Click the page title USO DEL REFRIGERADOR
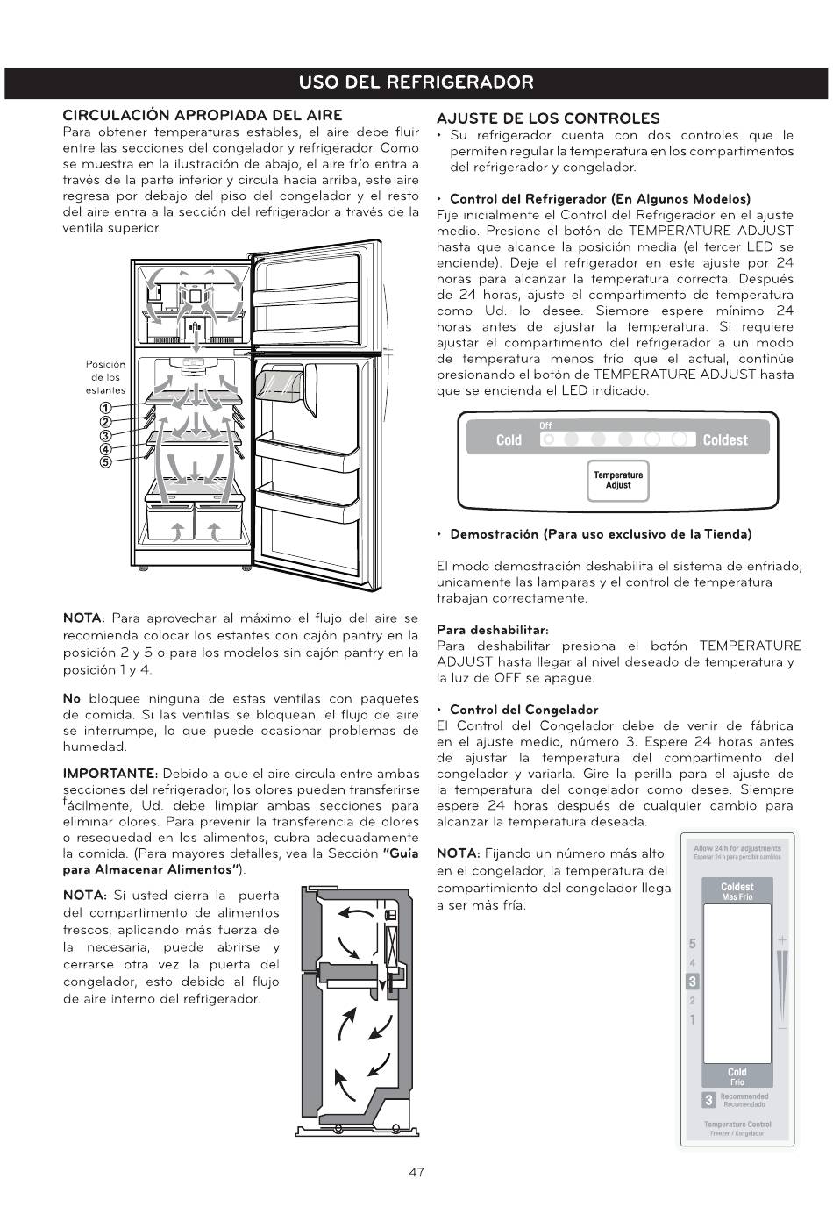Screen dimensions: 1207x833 pyautogui.click(x=416, y=82)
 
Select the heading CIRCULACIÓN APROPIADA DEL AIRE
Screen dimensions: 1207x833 pyautogui.click(x=202, y=115)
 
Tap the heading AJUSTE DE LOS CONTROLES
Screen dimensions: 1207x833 pyautogui.click(x=548, y=118)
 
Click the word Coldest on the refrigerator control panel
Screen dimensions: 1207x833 pyautogui.click(x=725, y=439)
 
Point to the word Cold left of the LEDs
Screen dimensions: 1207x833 pyautogui.click(x=509, y=439)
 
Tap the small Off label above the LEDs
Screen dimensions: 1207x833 pyautogui.click(x=545, y=426)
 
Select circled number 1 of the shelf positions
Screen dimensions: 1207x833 pyautogui.click(x=104, y=407)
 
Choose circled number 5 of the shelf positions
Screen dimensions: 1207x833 pyautogui.click(x=104, y=462)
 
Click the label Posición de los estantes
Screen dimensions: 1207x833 pyautogui.click(x=105, y=377)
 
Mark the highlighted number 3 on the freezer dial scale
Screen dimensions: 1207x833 pyautogui.click(x=692, y=982)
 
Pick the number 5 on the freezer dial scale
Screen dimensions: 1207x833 pyautogui.click(x=692, y=944)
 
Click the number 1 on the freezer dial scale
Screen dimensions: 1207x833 pyautogui.click(x=692, y=1019)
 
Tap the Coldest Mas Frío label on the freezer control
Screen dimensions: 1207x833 pyautogui.click(x=737, y=891)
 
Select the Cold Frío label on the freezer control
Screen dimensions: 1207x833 pyautogui.click(x=737, y=1076)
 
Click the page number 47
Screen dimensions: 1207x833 pyautogui.click(x=416, y=1172)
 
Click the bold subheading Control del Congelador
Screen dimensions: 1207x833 pyautogui.click(x=523, y=710)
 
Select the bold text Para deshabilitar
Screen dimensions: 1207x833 pyautogui.click(x=492, y=630)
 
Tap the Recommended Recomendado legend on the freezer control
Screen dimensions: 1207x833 pyautogui.click(x=744, y=1100)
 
